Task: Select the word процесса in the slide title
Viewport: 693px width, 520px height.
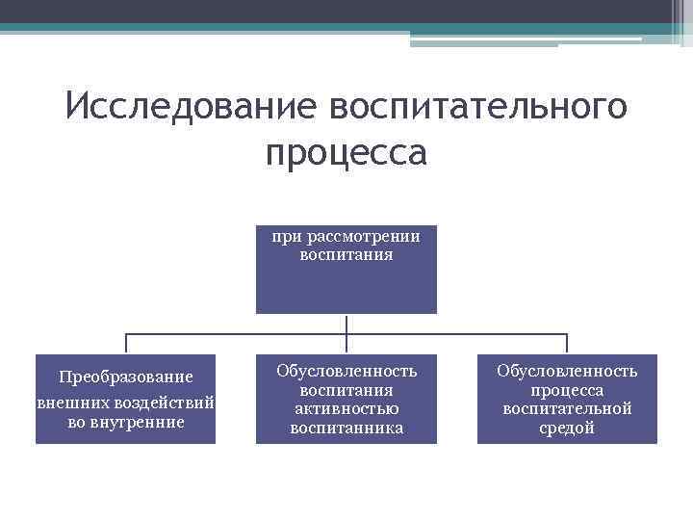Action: coord(346,151)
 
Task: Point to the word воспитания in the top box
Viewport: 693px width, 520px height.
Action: coord(346,255)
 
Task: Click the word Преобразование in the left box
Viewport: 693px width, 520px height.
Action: coord(125,376)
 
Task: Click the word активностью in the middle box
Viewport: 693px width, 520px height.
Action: coord(346,409)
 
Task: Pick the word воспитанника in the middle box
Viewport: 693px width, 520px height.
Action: coord(346,428)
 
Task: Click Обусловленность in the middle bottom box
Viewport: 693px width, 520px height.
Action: coord(346,371)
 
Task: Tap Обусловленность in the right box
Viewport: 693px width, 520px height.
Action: coord(567,371)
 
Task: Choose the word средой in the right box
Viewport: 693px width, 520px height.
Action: coord(567,428)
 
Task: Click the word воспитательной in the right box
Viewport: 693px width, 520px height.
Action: coord(567,409)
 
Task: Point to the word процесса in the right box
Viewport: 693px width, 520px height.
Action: coord(567,390)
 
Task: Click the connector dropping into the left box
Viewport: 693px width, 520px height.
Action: coord(126,343)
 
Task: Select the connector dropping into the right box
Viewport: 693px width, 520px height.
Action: coord(567,343)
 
